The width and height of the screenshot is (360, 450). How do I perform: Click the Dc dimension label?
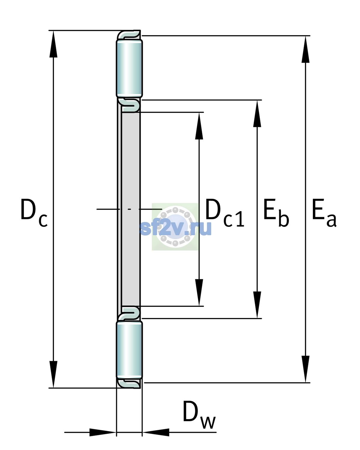(34, 213)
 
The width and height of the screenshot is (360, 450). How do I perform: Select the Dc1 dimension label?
(225, 213)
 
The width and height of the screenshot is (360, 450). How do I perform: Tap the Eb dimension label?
(276, 213)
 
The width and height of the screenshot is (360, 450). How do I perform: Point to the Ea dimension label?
(324, 213)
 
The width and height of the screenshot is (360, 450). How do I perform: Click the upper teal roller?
(129, 68)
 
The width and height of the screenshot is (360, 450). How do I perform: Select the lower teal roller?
(129, 350)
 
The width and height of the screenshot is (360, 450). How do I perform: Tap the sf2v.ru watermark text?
(175, 228)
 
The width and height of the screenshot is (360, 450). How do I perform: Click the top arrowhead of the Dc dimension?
(53, 44)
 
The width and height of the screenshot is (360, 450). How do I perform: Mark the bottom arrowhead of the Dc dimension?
(53, 374)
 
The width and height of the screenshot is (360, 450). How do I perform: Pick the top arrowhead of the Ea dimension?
(305, 49)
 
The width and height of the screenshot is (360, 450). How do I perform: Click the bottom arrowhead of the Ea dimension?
(305, 369)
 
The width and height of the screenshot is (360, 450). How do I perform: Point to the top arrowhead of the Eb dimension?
(257, 114)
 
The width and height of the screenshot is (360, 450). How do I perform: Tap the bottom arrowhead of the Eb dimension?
(257, 305)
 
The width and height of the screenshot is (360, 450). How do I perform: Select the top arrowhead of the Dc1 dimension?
(199, 126)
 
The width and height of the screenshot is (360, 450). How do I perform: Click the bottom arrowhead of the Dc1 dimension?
(199, 292)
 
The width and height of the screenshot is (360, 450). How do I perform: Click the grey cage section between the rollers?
(130, 209)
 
